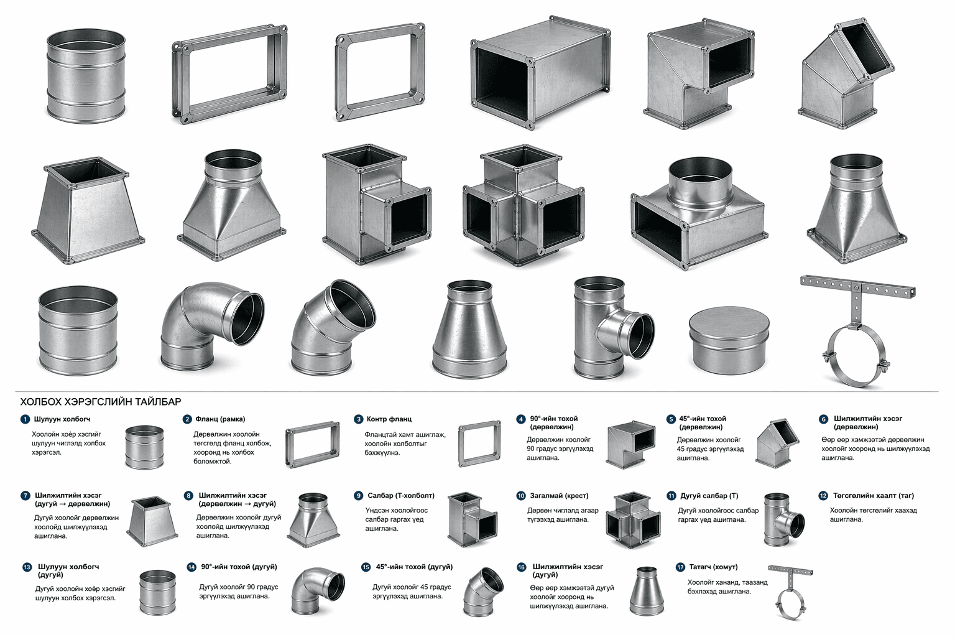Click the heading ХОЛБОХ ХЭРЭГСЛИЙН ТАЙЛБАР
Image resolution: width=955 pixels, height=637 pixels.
101,401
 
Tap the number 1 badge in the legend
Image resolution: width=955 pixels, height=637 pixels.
25,419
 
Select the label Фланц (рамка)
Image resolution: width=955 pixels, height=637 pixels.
221,419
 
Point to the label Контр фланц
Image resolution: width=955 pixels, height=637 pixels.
389,419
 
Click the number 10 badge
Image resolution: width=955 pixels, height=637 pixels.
521,496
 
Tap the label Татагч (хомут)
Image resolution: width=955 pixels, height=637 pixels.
713,567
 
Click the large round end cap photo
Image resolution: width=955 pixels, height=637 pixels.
729,340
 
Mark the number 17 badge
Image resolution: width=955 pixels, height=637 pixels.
680,567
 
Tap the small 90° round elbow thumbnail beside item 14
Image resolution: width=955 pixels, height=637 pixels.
318,590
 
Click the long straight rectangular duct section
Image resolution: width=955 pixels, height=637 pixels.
540,73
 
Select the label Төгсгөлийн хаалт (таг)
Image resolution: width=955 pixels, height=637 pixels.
874,496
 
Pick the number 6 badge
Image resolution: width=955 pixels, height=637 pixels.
823,419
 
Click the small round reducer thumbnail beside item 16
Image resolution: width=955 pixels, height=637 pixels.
647,591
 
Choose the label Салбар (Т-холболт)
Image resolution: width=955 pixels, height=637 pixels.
401,496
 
